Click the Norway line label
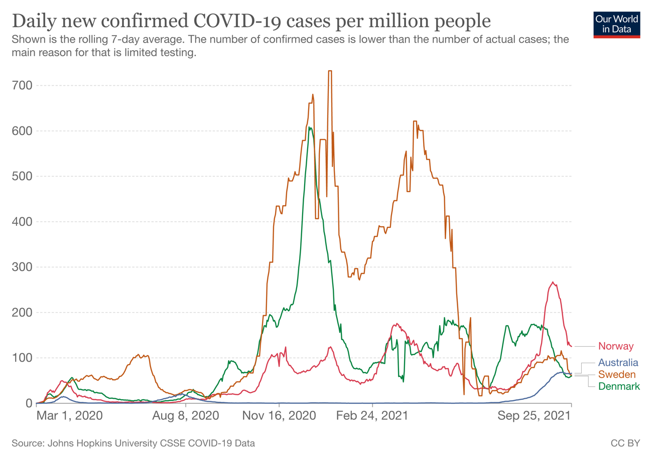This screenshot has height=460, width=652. tap(616, 346)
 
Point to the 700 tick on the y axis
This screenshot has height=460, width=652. tap(22, 85)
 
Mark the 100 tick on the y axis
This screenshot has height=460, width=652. tap(22, 358)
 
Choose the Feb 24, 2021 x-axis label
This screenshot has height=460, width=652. tap(372, 416)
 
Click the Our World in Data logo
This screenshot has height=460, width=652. tap(616, 24)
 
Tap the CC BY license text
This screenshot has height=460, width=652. tap(625, 443)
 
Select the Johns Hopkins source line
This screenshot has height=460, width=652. tap(133, 443)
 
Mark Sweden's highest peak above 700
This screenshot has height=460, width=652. tap(330, 71)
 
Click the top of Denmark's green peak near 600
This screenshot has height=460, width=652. tap(310, 127)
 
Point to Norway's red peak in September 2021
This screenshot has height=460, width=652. tap(553, 282)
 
